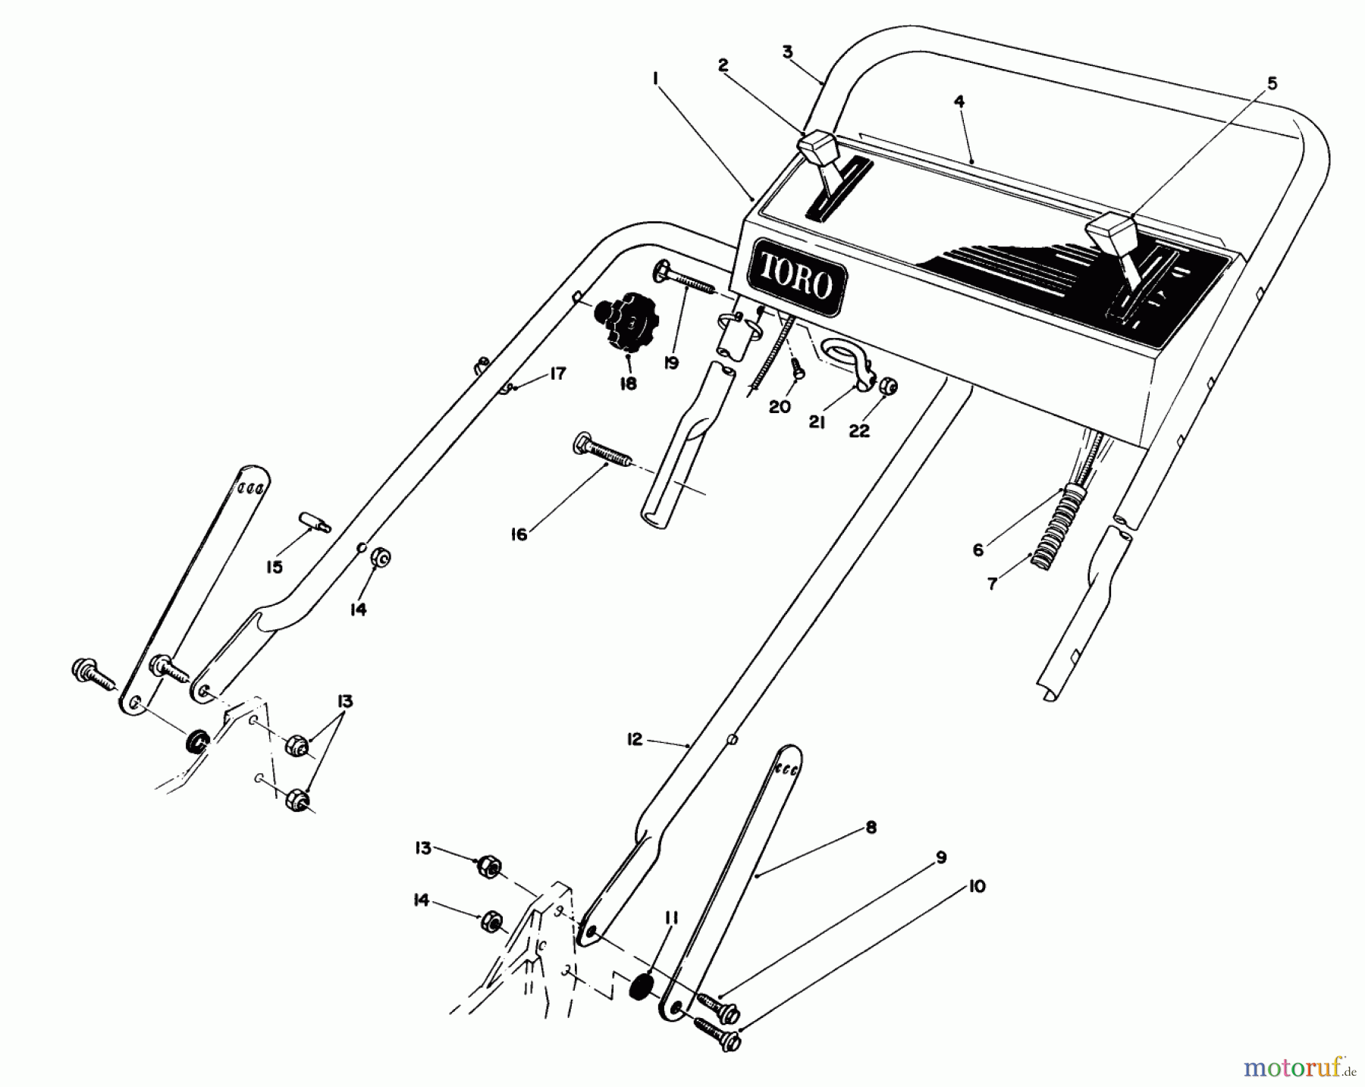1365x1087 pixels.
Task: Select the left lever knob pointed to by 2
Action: [817, 149]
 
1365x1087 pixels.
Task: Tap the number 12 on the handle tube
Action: [635, 738]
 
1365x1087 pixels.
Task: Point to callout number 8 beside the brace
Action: [871, 828]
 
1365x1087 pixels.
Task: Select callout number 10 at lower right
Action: [977, 885]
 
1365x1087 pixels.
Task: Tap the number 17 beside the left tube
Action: [557, 374]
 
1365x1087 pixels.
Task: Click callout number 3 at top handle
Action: [787, 52]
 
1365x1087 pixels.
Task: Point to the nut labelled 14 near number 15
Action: [380, 559]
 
